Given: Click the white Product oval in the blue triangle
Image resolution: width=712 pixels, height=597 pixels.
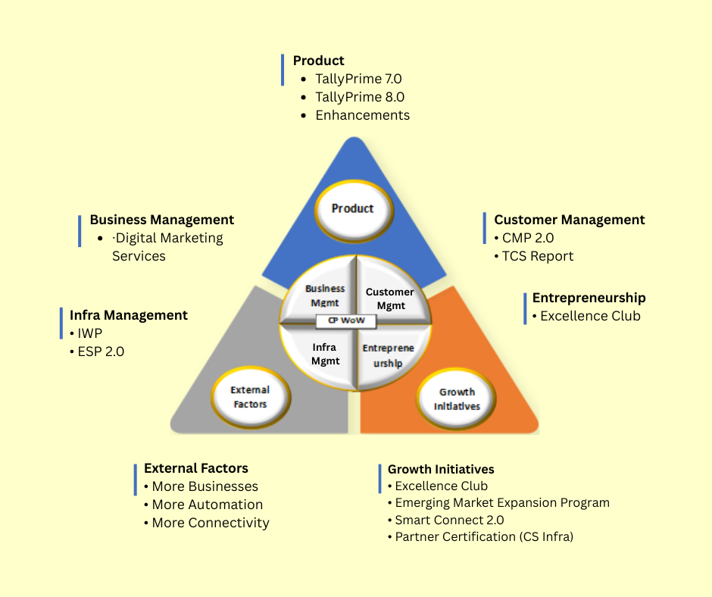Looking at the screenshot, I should click(x=352, y=208).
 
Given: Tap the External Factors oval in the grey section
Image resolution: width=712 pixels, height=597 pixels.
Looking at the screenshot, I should click(x=249, y=397).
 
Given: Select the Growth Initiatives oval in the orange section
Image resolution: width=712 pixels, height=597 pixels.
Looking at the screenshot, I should click(x=456, y=399).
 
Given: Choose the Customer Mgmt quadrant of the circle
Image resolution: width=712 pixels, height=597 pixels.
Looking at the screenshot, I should click(x=389, y=298).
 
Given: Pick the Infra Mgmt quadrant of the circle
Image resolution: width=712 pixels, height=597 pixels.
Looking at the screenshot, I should click(x=324, y=354).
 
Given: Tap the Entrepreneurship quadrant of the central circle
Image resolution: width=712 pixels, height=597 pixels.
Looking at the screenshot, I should click(x=388, y=355).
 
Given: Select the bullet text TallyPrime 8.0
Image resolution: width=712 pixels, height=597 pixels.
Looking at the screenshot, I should click(x=360, y=97).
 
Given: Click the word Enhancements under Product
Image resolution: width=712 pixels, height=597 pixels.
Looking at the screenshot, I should click(x=362, y=115).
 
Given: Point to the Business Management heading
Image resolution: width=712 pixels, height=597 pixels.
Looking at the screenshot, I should click(x=161, y=220).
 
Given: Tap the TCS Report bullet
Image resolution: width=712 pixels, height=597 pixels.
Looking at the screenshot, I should click(x=538, y=256).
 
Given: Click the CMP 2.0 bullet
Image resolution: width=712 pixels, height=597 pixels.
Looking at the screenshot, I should click(x=528, y=238).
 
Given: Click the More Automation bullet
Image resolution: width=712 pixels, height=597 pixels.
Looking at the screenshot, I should click(x=207, y=505).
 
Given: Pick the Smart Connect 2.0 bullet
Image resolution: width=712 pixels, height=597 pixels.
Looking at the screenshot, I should click(x=449, y=520).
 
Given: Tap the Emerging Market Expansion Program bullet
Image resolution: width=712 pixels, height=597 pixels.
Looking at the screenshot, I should click(x=502, y=503).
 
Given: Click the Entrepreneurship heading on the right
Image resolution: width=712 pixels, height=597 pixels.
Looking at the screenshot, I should click(x=589, y=298).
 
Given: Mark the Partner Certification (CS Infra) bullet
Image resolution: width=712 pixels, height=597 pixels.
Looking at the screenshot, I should click(x=484, y=537).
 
